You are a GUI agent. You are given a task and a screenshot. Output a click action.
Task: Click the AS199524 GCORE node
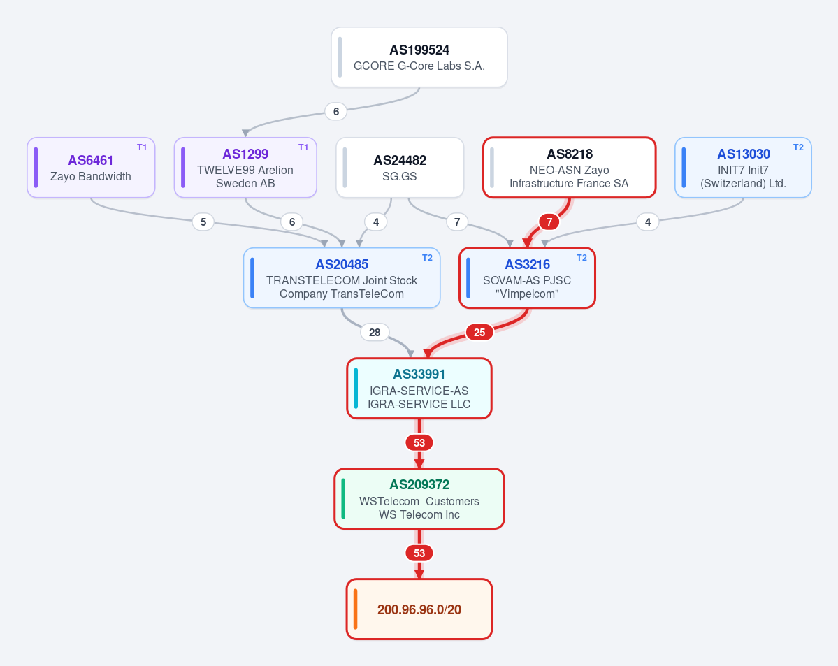click(x=419, y=57)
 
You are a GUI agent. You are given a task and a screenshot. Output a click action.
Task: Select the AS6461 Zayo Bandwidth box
click(x=91, y=167)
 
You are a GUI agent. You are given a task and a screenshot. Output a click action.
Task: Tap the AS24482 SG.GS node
click(x=400, y=167)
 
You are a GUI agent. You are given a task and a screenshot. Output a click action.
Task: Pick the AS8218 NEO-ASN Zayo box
click(x=569, y=167)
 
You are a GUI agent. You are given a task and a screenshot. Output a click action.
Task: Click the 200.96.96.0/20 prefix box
click(x=419, y=609)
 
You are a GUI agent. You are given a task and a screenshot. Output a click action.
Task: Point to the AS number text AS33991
click(x=419, y=374)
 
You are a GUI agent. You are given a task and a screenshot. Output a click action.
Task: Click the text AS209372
click(x=419, y=485)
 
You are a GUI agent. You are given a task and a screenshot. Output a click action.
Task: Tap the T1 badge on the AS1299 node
click(x=303, y=147)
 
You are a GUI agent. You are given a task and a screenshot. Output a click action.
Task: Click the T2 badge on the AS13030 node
click(x=798, y=147)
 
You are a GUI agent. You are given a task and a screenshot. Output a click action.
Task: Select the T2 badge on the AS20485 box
click(x=427, y=258)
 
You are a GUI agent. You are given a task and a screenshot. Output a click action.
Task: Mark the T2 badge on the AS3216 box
click(x=581, y=258)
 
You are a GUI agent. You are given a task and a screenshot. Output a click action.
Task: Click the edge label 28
click(x=375, y=333)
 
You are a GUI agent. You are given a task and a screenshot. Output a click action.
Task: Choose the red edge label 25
click(x=479, y=333)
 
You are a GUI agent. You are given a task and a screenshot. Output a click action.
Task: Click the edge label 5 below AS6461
click(x=203, y=222)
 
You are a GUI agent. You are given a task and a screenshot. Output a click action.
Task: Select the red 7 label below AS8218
click(x=549, y=222)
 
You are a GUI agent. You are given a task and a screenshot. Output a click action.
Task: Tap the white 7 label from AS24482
click(x=457, y=222)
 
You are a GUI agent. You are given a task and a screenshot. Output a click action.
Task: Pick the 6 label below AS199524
click(x=336, y=112)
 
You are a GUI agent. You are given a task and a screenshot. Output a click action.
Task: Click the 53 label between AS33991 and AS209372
click(x=419, y=442)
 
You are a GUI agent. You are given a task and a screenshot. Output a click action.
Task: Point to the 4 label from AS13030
click(x=648, y=222)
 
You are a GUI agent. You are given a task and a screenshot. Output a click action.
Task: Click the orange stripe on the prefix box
click(x=356, y=609)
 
